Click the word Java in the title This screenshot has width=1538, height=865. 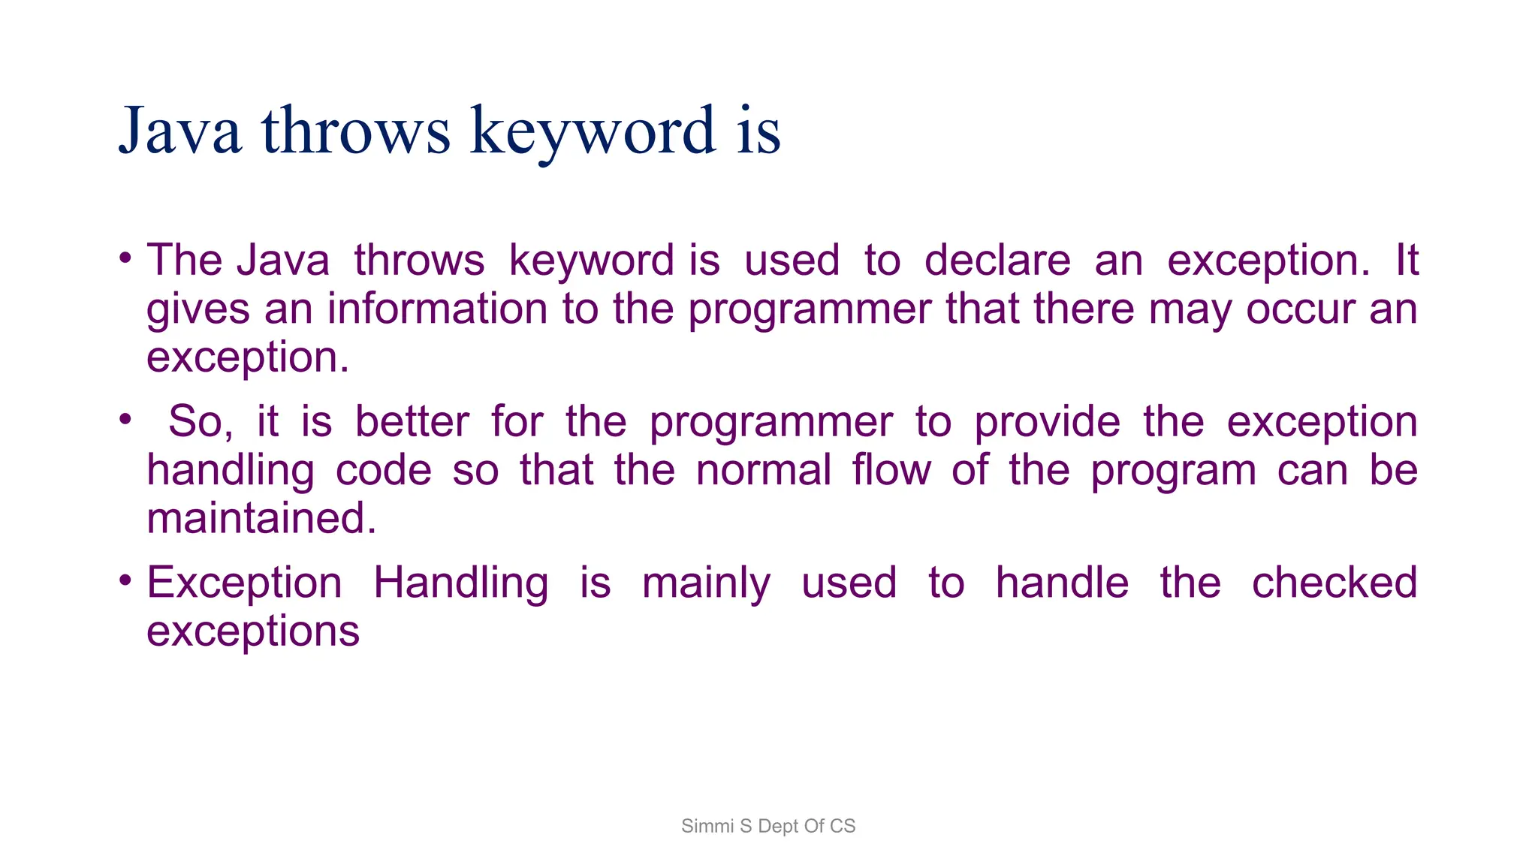click(180, 131)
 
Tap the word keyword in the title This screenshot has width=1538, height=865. click(593, 131)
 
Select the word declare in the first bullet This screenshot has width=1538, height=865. click(997, 261)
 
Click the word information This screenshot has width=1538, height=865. click(438, 309)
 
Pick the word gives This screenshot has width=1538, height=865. click(198, 309)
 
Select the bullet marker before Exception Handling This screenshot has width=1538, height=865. click(125, 581)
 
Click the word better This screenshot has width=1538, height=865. click(412, 421)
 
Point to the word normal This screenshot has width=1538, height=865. click(763, 470)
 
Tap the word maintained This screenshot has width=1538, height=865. click(261, 518)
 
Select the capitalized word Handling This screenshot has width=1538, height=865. click(460, 583)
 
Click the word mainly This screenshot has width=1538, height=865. click(706, 583)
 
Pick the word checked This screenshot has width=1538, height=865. click(1334, 583)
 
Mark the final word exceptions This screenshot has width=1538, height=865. click(253, 631)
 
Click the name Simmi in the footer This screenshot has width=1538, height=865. click(707, 826)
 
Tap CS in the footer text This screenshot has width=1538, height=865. click(843, 826)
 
